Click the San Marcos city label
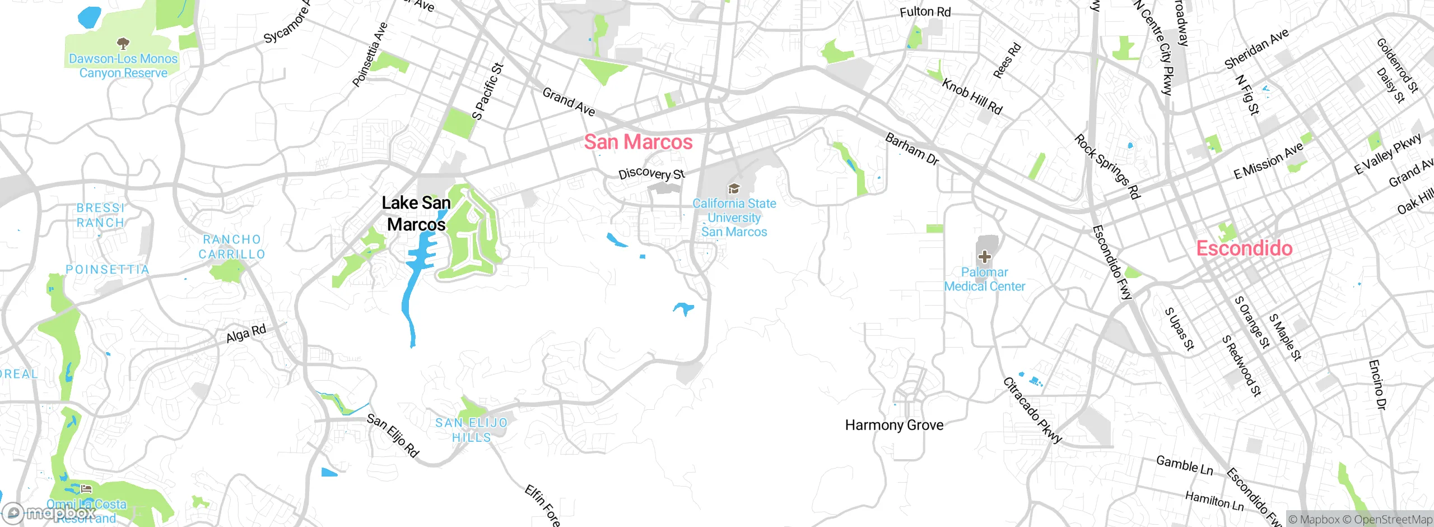(x=638, y=142)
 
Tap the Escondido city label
(x=1244, y=248)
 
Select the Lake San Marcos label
(x=416, y=214)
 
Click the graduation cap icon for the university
(x=734, y=189)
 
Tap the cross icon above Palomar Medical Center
(x=984, y=257)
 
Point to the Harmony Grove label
(x=894, y=425)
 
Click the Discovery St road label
(x=651, y=173)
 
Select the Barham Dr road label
(x=911, y=149)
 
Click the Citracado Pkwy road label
(x=1032, y=411)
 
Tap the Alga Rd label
(x=246, y=334)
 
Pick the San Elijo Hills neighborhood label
(x=472, y=430)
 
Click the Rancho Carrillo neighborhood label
(x=232, y=247)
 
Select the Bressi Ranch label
(x=100, y=215)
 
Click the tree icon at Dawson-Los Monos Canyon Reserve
(x=123, y=43)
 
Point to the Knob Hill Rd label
(x=972, y=96)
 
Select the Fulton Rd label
(x=925, y=12)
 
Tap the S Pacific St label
(x=488, y=91)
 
